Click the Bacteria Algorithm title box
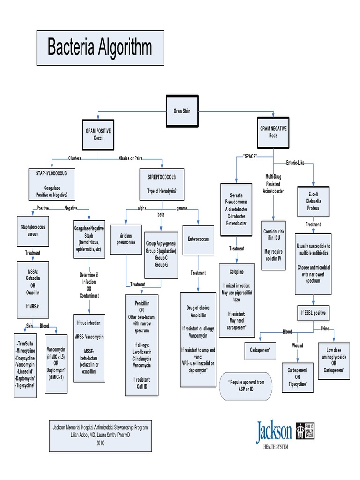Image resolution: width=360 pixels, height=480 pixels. (x=100, y=48)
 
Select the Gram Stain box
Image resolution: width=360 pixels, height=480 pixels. (x=182, y=111)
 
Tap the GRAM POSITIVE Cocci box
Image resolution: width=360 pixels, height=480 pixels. (x=98, y=135)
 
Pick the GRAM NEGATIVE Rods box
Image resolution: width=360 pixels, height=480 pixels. (x=273, y=132)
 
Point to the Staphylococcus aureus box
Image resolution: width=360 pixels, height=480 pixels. (x=32, y=230)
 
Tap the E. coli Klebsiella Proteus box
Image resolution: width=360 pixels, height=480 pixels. (x=313, y=201)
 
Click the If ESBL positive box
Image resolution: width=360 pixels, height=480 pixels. (x=313, y=312)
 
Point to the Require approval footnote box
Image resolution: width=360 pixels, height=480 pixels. (x=246, y=386)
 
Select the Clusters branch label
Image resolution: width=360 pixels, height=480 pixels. (x=75, y=158)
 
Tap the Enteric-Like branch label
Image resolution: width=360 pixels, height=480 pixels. (x=295, y=163)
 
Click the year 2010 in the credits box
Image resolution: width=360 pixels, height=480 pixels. (x=100, y=442)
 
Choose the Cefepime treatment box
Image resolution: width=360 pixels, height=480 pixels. (x=236, y=300)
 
